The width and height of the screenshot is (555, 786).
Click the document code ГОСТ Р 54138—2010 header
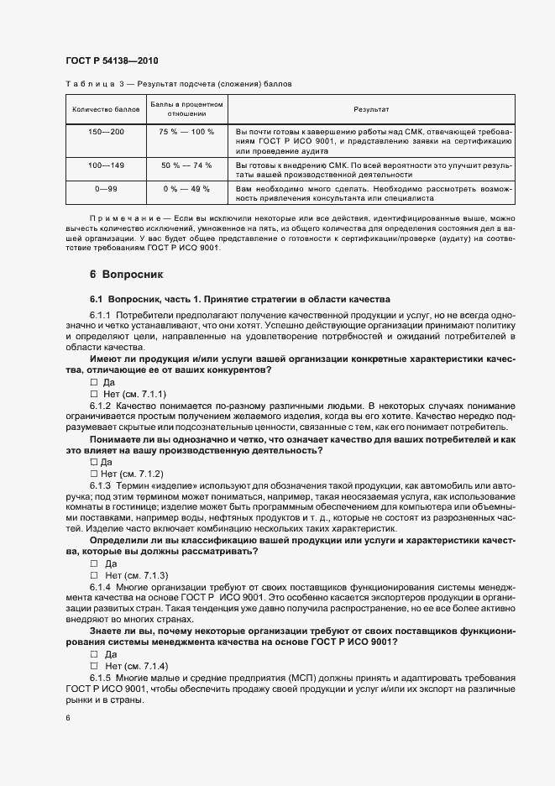pos(111,60)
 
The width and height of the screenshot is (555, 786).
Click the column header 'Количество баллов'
pos(106,109)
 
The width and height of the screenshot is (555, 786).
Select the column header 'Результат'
pos(370,109)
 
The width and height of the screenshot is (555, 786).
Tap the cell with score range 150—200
pos(106,133)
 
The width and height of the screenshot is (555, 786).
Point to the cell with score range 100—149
pos(106,165)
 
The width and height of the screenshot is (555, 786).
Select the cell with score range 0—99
pos(106,190)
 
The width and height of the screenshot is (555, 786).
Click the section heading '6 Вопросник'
pos(126,275)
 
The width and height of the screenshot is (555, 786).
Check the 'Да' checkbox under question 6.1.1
pos(94,382)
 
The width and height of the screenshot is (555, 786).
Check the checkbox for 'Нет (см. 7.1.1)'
pos(94,393)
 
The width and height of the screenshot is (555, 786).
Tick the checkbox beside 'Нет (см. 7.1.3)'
pos(94,575)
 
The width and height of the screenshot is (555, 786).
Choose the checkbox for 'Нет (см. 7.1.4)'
pos(94,664)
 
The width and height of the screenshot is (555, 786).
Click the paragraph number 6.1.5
pos(101,676)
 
